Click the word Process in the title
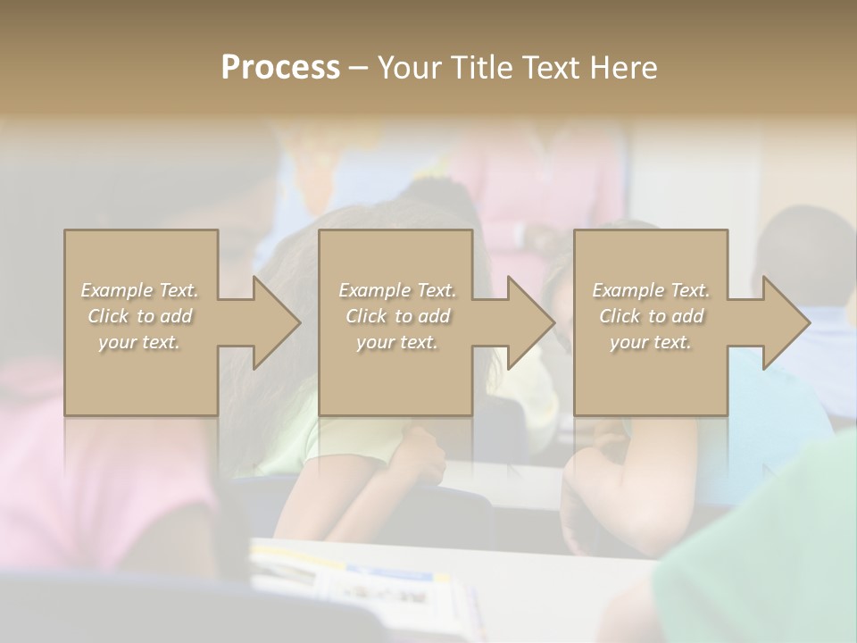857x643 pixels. click(x=280, y=68)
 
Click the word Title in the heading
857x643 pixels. click(x=484, y=68)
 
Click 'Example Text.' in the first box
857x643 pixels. click(x=140, y=290)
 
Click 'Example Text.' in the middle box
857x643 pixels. click(x=397, y=290)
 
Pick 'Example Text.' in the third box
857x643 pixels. click(x=651, y=290)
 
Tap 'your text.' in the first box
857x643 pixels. click(x=140, y=342)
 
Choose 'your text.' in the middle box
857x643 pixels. click(x=397, y=342)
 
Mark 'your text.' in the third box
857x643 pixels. click(x=651, y=342)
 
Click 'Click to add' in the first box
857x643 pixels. click(x=140, y=316)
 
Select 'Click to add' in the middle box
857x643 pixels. click(x=397, y=316)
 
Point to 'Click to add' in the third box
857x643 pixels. click(x=651, y=316)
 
